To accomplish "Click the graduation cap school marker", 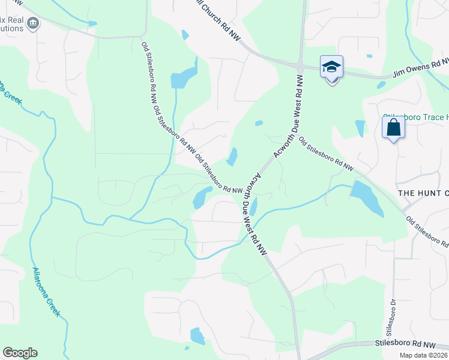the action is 331,67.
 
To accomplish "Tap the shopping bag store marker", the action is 393,128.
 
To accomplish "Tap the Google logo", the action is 20,353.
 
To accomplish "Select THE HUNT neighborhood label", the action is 423,193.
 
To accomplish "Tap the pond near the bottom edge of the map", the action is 197,336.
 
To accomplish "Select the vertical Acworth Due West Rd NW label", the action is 298,108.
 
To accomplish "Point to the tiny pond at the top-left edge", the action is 92,24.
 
